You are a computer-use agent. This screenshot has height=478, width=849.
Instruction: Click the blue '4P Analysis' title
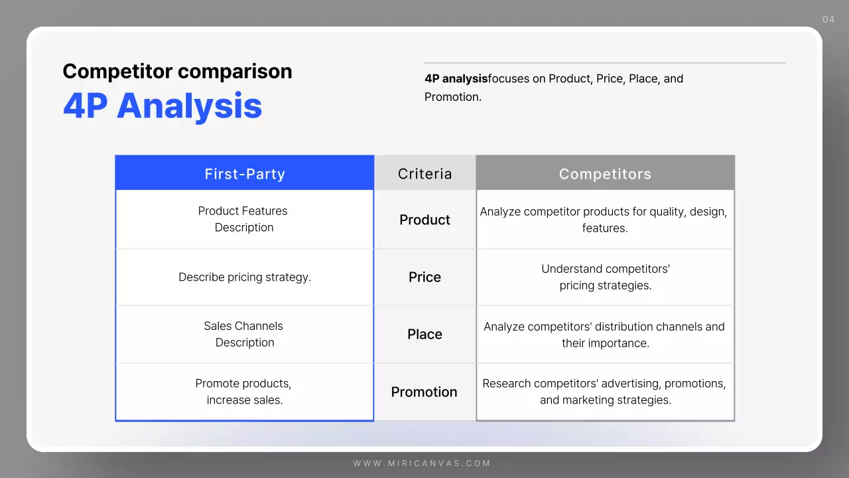tap(163, 106)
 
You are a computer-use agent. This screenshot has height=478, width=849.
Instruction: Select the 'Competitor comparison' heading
tap(177, 71)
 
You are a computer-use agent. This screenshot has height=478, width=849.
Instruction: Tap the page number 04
tap(828, 19)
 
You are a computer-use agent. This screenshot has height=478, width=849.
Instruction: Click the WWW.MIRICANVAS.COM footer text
tap(422, 463)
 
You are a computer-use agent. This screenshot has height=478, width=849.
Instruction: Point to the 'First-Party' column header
tap(245, 174)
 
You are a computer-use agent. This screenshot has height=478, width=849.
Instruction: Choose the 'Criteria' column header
tap(424, 174)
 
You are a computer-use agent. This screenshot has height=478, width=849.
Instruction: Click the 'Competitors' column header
tap(605, 174)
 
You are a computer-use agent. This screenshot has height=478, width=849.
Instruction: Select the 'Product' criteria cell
tap(424, 220)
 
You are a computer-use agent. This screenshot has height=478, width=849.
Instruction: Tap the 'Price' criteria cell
tap(424, 277)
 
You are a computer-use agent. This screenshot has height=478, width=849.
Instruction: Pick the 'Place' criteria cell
tap(424, 334)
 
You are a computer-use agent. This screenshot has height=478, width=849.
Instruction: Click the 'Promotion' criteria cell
tap(424, 392)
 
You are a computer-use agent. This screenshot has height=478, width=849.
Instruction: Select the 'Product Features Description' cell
tap(243, 219)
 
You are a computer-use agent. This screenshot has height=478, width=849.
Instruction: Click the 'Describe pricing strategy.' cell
tap(245, 277)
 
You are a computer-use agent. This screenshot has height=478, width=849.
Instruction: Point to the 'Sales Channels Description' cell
tap(243, 334)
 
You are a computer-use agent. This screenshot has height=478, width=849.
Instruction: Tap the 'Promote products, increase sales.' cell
tap(244, 392)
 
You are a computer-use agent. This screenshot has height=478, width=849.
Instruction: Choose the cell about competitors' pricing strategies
tap(605, 277)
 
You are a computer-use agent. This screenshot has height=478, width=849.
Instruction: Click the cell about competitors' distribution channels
tap(604, 335)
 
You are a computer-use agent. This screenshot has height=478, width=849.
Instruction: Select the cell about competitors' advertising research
tap(604, 392)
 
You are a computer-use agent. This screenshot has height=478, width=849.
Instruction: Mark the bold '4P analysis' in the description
tap(456, 78)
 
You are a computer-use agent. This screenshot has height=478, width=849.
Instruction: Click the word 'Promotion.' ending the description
tap(453, 97)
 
